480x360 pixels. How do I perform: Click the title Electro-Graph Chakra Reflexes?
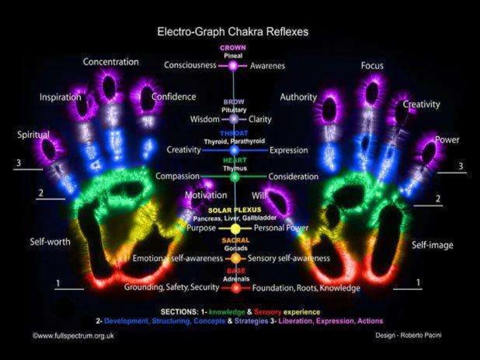tap(232, 32)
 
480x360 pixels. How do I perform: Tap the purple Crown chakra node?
tap(233, 66)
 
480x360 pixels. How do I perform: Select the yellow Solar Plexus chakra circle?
tap(235, 229)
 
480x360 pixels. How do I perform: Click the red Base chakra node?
tap(236, 287)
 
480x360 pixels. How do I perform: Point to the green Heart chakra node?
tap(235, 177)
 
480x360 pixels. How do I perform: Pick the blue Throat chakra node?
tap(235, 150)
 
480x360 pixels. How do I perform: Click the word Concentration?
tap(111, 62)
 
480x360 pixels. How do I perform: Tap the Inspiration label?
tap(60, 97)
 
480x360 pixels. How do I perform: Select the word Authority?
tap(298, 97)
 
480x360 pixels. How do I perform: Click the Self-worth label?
tap(50, 242)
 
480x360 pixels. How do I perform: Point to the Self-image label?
tap(432, 245)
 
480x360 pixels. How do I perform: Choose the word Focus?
tap(372, 66)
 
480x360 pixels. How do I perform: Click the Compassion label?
tap(178, 176)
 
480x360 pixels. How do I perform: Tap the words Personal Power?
tap(281, 228)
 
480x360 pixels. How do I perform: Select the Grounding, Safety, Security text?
tap(172, 287)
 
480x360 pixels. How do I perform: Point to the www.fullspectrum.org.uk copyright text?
tap(73, 336)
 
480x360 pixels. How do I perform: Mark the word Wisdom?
tap(205, 119)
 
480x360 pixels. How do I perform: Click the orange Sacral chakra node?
tap(236, 258)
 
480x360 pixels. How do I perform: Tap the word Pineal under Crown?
tap(233, 55)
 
